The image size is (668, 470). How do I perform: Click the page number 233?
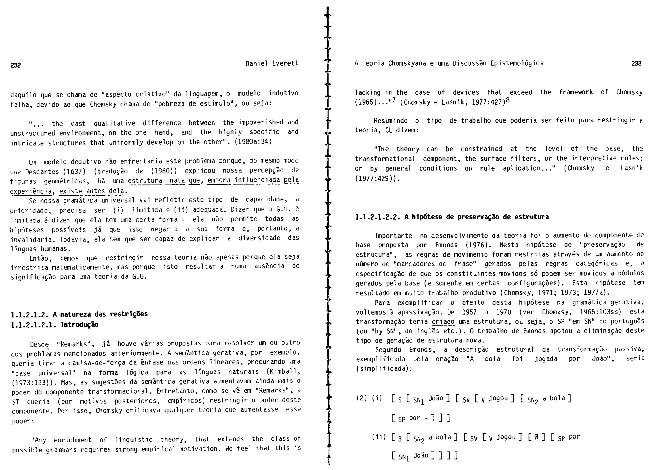636,64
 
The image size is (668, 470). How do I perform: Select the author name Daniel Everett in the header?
272,64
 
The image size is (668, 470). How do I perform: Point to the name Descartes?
41,171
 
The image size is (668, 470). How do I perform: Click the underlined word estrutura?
145,181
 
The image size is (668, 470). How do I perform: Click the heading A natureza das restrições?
100,314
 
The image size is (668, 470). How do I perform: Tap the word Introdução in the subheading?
79,325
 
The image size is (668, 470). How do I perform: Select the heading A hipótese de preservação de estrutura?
477,217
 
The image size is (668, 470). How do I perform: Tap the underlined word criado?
443,322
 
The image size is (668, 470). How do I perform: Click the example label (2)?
362,398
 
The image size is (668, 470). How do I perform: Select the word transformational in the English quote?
385,159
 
